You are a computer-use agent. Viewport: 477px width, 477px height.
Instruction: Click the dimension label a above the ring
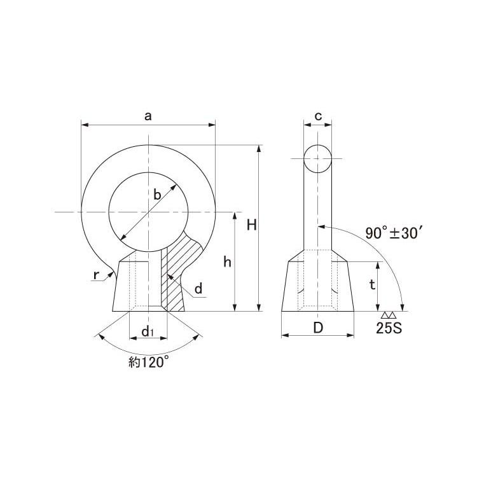(x=148, y=116)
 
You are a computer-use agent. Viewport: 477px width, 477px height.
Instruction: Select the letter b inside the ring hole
(x=157, y=195)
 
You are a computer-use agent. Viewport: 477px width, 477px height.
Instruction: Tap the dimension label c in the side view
(x=318, y=116)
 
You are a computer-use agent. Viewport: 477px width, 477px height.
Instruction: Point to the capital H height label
(x=252, y=225)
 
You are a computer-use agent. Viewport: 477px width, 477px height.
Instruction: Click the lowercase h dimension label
(x=227, y=262)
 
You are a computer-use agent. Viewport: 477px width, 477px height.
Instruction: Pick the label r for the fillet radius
(x=96, y=275)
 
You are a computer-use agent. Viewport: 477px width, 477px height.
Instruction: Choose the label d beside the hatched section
(x=198, y=288)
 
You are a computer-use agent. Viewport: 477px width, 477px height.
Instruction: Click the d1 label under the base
(x=148, y=331)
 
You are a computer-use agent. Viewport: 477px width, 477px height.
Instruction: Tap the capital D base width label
(x=318, y=328)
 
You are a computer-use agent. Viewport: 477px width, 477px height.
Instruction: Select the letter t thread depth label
(x=372, y=285)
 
